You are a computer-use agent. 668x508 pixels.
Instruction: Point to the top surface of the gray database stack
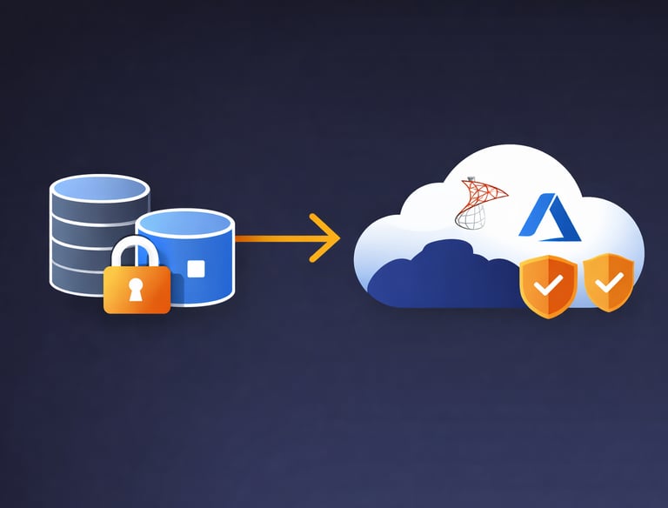(99, 188)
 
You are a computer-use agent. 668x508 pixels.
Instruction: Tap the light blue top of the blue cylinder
(184, 223)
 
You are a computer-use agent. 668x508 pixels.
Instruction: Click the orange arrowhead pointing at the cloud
(329, 237)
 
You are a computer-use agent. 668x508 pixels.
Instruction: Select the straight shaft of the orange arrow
(274, 237)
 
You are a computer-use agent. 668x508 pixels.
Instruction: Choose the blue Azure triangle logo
(543, 216)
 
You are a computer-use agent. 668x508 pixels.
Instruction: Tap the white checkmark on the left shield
(547, 284)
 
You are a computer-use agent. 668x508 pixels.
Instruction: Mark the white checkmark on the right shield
(609, 281)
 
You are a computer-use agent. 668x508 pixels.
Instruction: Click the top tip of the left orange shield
(548, 257)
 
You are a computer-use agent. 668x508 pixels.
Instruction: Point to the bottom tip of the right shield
(609, 311)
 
